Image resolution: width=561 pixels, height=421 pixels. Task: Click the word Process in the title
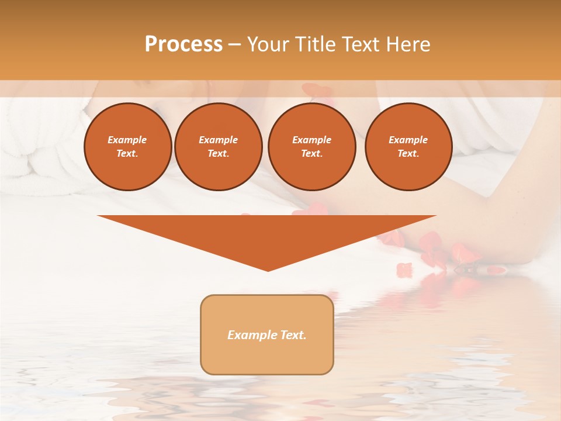point(183,44)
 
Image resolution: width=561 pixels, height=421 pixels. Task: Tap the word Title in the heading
point(316,44)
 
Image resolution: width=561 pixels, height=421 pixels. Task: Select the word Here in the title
point(408,44)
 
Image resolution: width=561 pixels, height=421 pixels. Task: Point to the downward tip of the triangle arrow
point(268,270)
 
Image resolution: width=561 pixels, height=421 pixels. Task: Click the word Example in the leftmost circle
point(127,140)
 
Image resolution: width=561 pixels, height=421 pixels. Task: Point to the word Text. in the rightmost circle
point(408,153)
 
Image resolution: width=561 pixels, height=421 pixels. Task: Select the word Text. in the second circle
point(218,153)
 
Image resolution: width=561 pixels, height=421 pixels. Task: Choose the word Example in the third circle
point(311,140)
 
